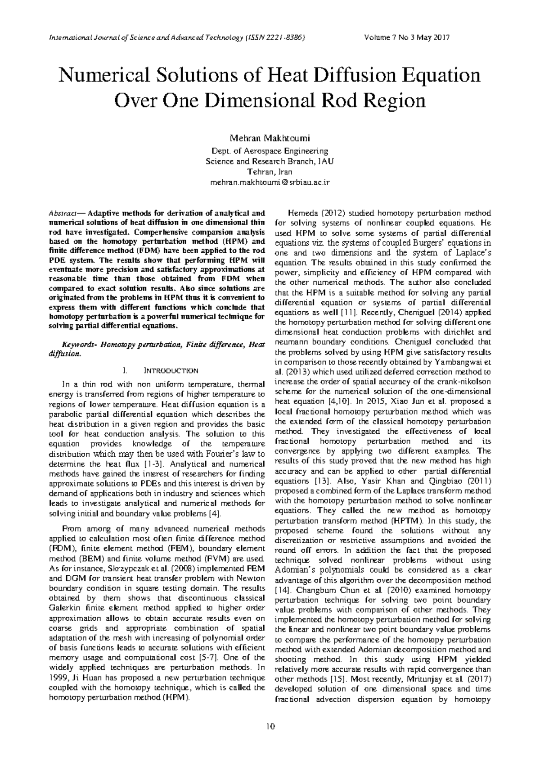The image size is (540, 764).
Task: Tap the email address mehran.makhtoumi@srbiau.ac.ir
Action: click(270, 182)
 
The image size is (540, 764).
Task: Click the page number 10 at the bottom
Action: click(270, 726)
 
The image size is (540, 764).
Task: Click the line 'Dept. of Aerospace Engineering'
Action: click(270, 151)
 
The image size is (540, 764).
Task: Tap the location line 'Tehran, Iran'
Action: click(270, 172)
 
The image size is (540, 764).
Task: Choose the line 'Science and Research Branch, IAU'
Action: click(270, 162)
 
